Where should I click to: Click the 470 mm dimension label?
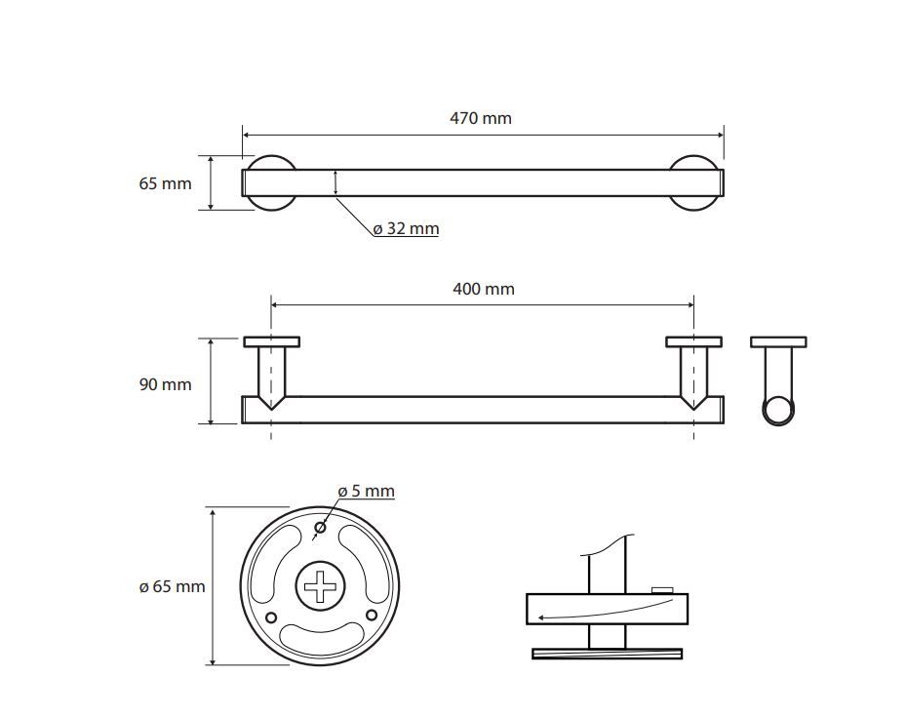point(481,118)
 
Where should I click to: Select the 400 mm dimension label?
point(484,289)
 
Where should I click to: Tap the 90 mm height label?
point(165,384)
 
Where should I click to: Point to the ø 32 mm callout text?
point(406,228)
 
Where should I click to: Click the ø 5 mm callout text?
point(366,492)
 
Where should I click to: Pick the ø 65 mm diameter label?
point(172,586)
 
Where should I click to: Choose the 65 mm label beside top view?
point(165,183)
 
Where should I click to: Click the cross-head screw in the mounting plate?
point(320,585)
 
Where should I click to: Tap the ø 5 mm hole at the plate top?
point(320,527)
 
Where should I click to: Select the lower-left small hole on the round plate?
point(271,617)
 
